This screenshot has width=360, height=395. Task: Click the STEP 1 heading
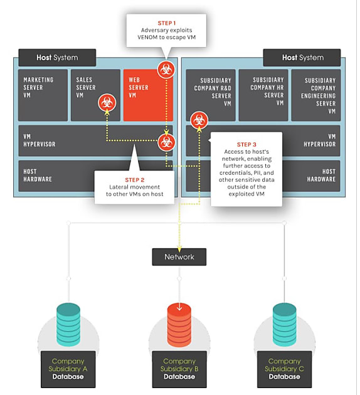click(x=167, y=23)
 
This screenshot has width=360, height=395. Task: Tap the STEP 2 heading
click(x=134, y=180)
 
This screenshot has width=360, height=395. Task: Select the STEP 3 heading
click(x=246, y=145)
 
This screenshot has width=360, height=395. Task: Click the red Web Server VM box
click(x=148, y=95)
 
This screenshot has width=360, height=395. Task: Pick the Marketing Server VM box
click(x=43, y=95)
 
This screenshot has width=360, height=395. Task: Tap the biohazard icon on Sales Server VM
click(x=107, y=103)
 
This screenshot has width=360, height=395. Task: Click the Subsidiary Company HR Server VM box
click(x=263, y=95)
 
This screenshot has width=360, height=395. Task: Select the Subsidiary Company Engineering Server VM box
click(x=316, y=95)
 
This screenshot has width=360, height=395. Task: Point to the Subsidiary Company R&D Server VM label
click(x=213, y=92)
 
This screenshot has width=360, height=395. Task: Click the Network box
click(x=179, y=257)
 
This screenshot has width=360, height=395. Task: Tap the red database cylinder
click(x=179, y=325)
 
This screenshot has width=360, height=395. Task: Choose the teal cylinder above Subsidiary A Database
click(x=68, y=325)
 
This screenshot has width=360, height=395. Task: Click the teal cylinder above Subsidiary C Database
click(x=284, y=325)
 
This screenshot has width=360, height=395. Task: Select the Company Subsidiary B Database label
click(x=179, y=369)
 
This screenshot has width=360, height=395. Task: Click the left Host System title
click(x=57, y=58)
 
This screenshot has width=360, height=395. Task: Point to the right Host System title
click(x=303, y=58)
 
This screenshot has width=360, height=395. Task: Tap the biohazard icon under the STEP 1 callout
click(x=166, y=70)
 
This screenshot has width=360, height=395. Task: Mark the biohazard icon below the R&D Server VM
click(x=199, y=120)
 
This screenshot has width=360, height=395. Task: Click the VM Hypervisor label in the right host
click(x=319, y=140)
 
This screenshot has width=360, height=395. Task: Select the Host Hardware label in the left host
click(x=38, y=176)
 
